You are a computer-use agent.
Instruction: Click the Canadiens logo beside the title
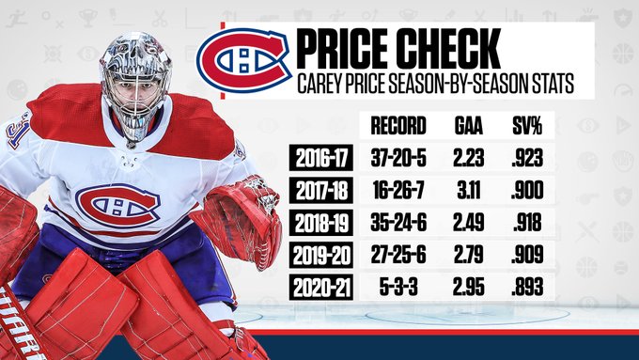[244, 60]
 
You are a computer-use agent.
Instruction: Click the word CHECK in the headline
[449, 49]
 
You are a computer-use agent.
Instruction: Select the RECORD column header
[398, 126]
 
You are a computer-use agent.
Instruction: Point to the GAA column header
[469, 126]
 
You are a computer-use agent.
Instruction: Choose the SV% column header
[527, 126]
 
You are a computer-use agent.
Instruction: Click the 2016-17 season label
[321, 157]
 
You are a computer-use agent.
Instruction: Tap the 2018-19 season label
[321, 222]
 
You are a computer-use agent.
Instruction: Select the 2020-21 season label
[321, 287]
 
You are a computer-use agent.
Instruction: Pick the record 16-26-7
[398, 190]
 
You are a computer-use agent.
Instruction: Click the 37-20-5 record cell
[398, 157]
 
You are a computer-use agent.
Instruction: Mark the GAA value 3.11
[469, 190]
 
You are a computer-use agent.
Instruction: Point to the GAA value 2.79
[469, 255]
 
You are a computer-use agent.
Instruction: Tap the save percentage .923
[527, 157]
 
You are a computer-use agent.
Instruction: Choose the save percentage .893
[527, 287]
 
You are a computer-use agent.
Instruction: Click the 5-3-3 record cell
[398, 287]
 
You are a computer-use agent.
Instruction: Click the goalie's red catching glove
[241, 220]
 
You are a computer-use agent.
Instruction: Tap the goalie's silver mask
[135, 85]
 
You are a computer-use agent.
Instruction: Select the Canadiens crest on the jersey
[117, 205]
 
